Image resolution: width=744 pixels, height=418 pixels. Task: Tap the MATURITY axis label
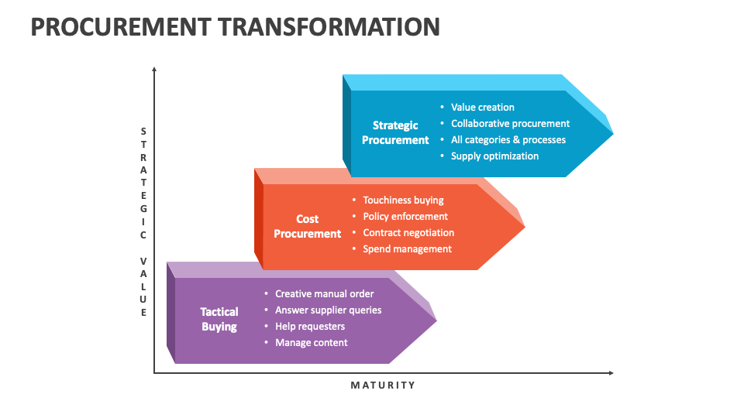pyautogui.click(x=383, y=385)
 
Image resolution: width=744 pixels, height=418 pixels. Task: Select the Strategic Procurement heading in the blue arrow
pyautogui.click(x=395, y=132)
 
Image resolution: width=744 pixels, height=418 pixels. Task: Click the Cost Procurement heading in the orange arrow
pyautogui.click(x=308, y=226)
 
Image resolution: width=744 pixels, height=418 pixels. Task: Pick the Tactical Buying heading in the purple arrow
pyautogui.click(x=219, y=319)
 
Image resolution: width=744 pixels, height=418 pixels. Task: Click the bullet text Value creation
pyautogui.click(x=482, y=108)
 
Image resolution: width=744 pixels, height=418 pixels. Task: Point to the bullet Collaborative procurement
pyautogui.click(x=510, y=124)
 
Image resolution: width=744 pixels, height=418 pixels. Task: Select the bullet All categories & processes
pyautogui.click(x=508, y=140)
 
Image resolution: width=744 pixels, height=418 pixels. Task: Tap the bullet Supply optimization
pyautogui.click(x=494, y=156)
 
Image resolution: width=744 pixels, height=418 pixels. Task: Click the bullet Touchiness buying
pyautogui.click(x=403, y=200)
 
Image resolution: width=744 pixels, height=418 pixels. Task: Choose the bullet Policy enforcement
pyautogui.click(x=405, y=217)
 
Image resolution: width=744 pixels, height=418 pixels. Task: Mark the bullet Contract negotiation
pyautogui.click(x=408, y=233)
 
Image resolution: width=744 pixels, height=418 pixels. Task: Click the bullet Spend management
pyautogui.click(x=407, y=249)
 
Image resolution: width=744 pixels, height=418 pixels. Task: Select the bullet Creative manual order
pyautogui.click(x=324, y=294)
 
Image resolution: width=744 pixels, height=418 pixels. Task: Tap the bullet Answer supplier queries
pyautogui.click(x=328, y=310)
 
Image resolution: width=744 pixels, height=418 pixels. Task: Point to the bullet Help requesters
pyautogui.click(x=310, y=327)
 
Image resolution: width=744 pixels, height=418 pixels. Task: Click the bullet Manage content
pyautogui.click(x=311, y=343)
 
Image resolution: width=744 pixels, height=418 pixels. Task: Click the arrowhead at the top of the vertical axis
pyautogui.click(x=154, y=70)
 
